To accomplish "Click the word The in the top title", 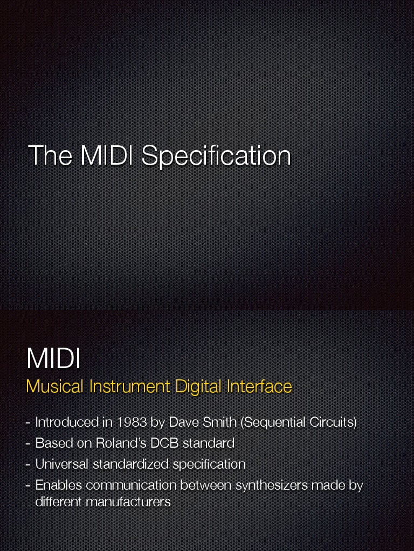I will [x=50, y=156].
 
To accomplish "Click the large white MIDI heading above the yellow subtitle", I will [x=53, y=359].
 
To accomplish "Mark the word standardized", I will [x=131, y=464].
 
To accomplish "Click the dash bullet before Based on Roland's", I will [x=28, y=444].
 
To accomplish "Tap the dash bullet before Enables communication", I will [x=28, y=486].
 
